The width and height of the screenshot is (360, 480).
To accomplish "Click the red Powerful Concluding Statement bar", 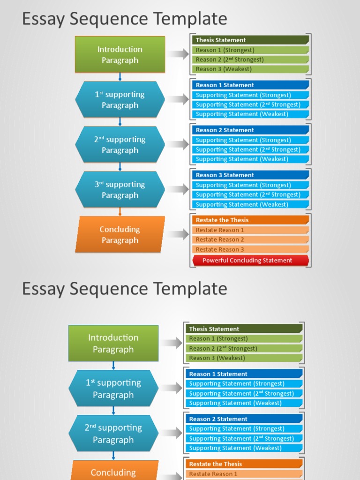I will [250, 260].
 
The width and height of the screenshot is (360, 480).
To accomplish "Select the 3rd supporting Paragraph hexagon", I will [120, 190].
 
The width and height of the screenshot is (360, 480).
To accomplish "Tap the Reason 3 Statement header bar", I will [250, 175].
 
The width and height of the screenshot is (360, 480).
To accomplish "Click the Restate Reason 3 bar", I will [250, 249].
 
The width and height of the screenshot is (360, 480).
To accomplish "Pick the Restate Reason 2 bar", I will [250, 240].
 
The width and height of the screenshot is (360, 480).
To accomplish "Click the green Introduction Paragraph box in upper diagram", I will [120, 54].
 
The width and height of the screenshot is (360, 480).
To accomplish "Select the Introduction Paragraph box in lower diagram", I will [113, 343].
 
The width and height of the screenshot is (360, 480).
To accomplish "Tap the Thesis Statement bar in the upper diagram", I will [250, 40].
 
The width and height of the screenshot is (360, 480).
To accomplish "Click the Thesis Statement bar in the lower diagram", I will [244, 329].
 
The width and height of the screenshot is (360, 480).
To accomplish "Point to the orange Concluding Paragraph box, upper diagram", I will [120, 234].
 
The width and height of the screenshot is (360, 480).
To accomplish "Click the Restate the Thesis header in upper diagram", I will [250, 220].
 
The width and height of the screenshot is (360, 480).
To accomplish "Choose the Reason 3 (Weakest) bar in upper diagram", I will [250, 69].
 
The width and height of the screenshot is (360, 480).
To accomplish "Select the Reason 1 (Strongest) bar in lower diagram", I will [244, 338].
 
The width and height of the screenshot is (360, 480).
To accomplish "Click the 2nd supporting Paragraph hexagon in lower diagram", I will [113, 434].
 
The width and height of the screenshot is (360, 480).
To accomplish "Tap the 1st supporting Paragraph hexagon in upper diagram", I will [120, 99].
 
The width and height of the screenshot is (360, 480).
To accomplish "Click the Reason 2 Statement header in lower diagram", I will [244, 419].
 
